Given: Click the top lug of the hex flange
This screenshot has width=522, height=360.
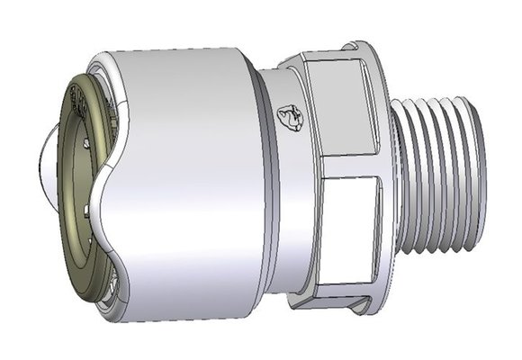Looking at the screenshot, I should click(x=360, y=47).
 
